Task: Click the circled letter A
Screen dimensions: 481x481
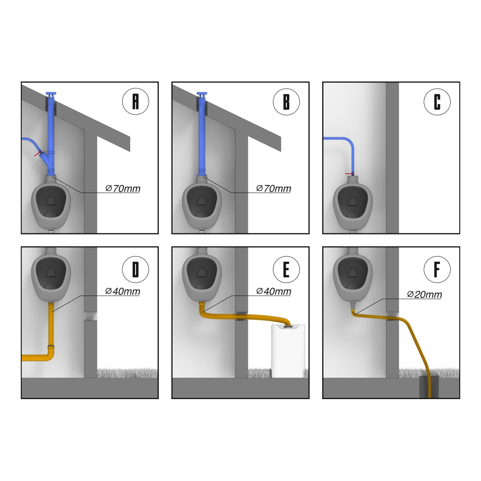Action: tap(136, 101)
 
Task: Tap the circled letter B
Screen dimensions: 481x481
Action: tap(286, 101)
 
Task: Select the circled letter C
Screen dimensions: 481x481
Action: tap(437, 101)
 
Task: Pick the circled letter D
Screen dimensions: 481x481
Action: tap(136, 269)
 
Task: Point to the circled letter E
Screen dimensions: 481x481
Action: tap(286, 269)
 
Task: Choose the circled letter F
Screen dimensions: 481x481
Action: tap(437, 269)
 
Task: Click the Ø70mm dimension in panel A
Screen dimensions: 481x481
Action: tap(123, 188)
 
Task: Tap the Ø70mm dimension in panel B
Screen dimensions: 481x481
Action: tap(274, 188)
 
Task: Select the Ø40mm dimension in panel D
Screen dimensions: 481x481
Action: tap(123, 291)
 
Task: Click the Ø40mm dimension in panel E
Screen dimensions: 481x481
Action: tap(274, 291)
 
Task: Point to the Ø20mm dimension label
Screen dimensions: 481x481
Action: tap(424, 294)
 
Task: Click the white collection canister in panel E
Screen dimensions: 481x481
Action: tap(288, 351)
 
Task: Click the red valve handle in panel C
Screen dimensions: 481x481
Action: tap(349, 174)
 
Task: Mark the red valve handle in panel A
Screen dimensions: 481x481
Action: tap(38, 153)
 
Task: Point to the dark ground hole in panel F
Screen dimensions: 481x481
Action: tap(429, 387)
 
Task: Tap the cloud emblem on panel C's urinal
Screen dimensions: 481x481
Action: tap(352, 201)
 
